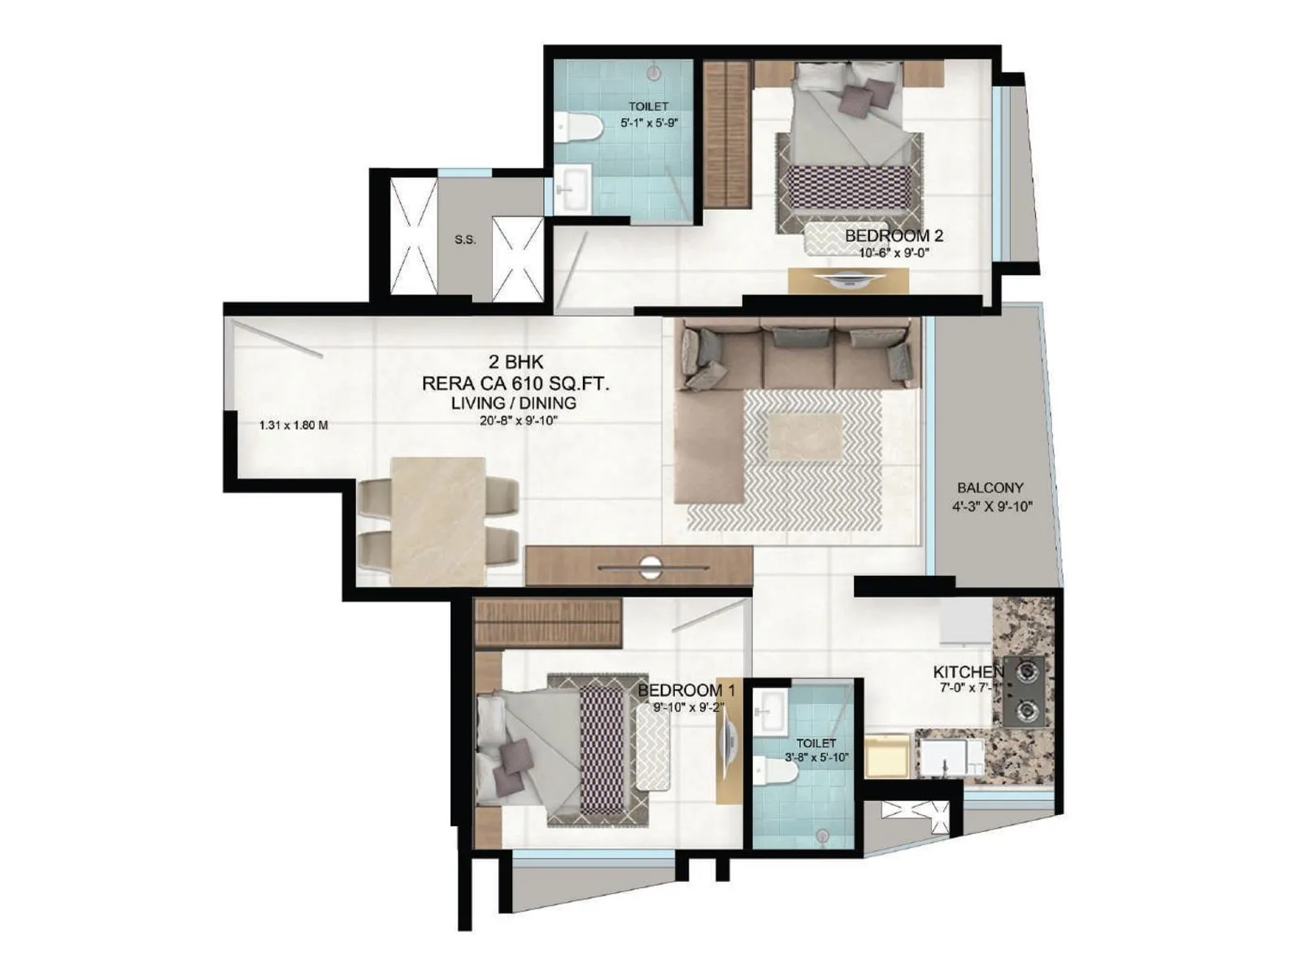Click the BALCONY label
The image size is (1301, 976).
tap(990, 488)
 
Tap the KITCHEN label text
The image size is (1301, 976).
tap(968, 673)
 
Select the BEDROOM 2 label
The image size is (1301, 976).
tap(894, 236)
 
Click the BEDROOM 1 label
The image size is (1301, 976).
tap(686, 691)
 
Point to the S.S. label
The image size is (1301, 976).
tap(465, 240)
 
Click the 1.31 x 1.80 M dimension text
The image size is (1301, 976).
tap(294, 425)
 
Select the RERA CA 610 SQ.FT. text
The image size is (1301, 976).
tap(516, 383)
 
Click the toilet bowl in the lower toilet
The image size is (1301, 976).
tap(765, 770)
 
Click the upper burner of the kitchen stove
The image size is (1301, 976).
tap(1027, 672)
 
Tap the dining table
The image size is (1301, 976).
tap(437, 521)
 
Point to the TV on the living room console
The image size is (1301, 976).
tap(649, 567)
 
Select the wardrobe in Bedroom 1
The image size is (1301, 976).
tap(547, 622)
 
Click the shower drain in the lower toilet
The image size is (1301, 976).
tap(822, 835)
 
